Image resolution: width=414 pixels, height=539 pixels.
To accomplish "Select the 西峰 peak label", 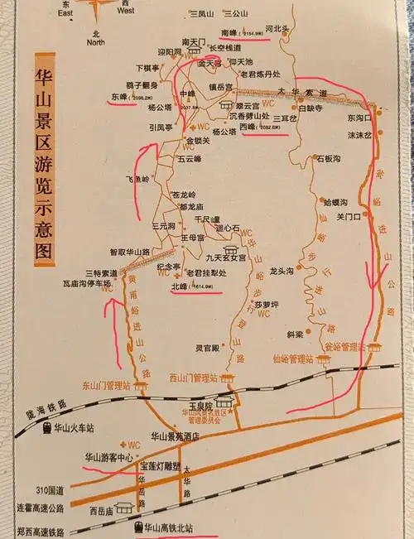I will (248, 127).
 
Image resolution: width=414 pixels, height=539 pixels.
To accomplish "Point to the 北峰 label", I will (180, 286).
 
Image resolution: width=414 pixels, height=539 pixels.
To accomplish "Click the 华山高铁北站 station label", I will (174, 527).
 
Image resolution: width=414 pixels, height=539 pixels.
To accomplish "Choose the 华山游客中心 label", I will (108, 457).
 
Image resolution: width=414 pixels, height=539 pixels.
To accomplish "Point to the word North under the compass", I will (96, 41).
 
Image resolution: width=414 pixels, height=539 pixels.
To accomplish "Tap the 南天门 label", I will (194, 41).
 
